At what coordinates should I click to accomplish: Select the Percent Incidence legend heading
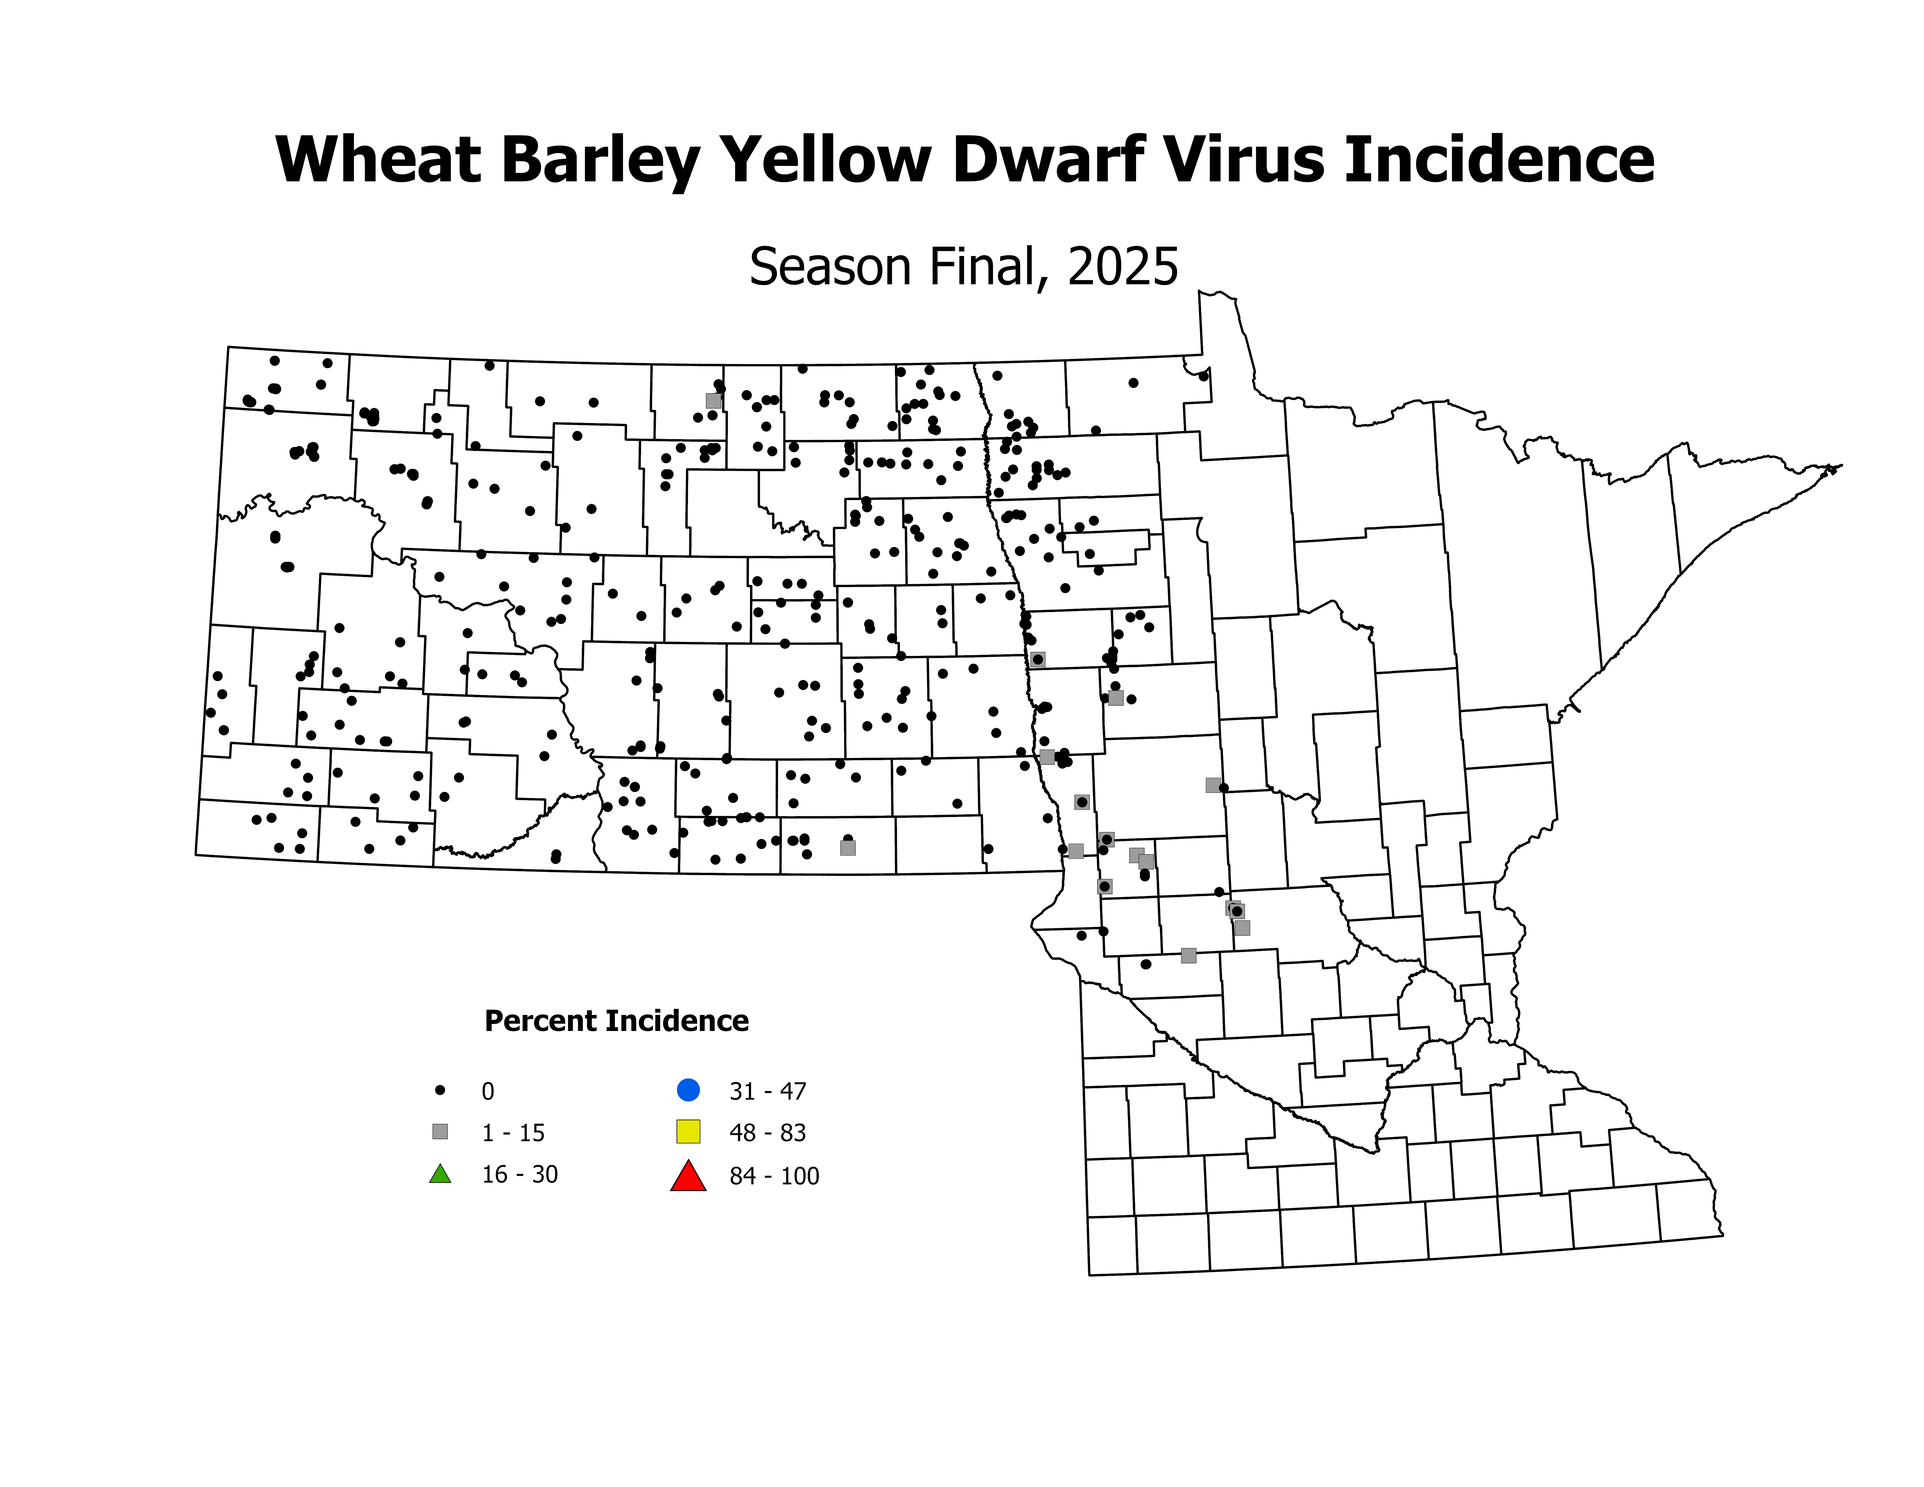(x=617, y=1021)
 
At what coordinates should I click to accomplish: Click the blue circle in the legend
(x=688, y=1090)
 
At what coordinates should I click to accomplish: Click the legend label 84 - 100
(x=773, y=1176)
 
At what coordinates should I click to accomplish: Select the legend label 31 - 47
(x=767, y=1091)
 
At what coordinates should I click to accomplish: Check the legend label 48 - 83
(x=767, y=1133)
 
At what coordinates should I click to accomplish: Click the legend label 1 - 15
(x=513, y=1133)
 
